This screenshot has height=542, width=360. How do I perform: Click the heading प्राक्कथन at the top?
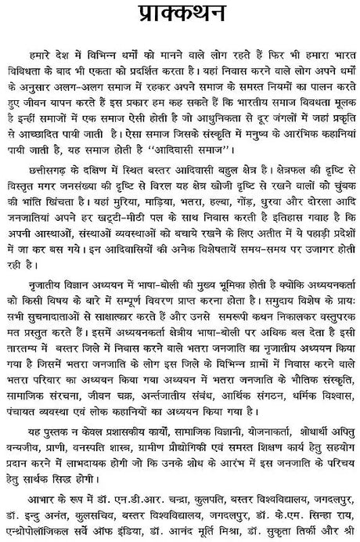(x=179, y=16)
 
